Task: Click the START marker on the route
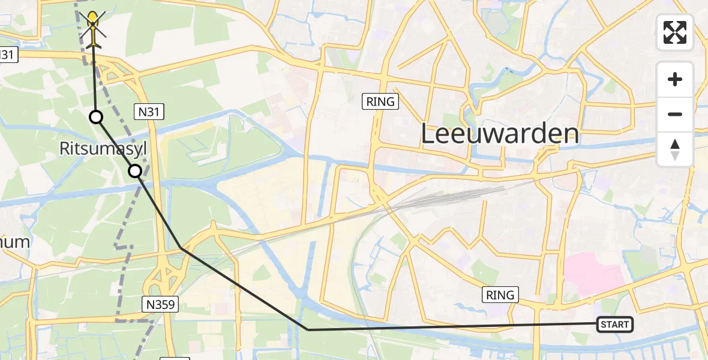click(x=615, y=325)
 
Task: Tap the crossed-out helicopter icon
click(x=93, y=29)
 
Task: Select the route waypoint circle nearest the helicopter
click(x=96, y=117)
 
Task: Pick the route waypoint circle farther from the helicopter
click(x=136, y=171)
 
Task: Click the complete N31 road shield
click(x=149, y=111)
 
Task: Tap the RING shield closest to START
click(x=500, y=295)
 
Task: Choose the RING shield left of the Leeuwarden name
click(x=381, y=101)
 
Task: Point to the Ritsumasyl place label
click(x=102, y=148)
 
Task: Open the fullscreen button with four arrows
click(x=675, y=32)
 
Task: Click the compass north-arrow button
click(x=675, y=149)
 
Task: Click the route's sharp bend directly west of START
click(x=308, y=329)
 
